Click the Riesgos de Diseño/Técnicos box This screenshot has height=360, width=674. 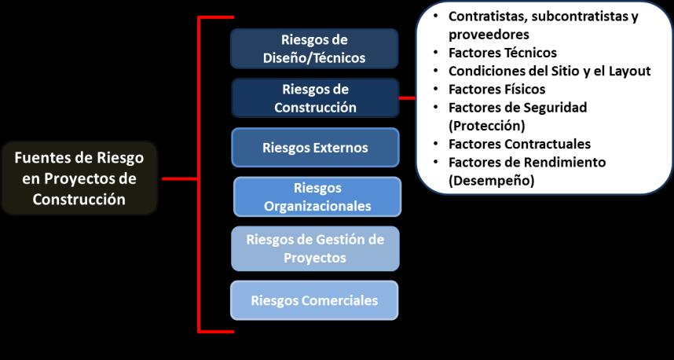[314, 49]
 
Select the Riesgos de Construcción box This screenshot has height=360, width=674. [314, 98]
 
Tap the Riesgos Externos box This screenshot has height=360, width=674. [314, 148]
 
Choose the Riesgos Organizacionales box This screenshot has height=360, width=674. [317, 197]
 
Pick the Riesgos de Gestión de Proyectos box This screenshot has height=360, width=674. [314, 248]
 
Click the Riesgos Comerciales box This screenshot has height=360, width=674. [314, 300]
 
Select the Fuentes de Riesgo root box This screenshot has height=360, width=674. [79, 178]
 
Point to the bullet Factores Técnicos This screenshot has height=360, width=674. [502, 53]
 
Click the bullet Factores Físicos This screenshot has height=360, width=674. [496, 89]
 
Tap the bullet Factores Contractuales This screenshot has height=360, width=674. [519, 144]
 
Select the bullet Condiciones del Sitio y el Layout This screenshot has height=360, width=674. [549, 71]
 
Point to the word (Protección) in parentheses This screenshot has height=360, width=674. [486, 125]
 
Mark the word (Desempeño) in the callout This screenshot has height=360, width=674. [491, 180]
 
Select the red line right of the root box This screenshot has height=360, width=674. [179, 178]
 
